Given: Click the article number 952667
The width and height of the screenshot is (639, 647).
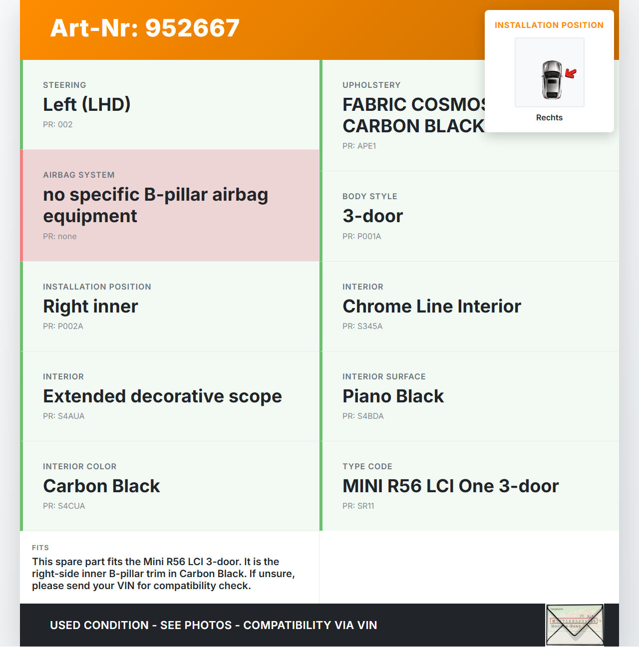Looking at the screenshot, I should click(145, 28).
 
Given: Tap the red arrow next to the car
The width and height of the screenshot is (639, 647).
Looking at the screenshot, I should click(571, 74).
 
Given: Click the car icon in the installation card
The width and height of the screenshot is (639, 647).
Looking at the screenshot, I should click(552, 80).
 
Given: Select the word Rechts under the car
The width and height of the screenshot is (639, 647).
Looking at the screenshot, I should click(549, 117).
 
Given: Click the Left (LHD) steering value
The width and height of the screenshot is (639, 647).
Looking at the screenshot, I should click(86, 104).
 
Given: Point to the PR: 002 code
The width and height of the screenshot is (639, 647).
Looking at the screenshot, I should click(57, 124).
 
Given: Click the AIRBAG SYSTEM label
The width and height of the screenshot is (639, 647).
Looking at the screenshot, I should click(78, 175).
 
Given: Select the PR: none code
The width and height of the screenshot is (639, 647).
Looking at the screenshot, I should click(59, 236).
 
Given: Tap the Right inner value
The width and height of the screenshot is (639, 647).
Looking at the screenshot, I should click(90, 306).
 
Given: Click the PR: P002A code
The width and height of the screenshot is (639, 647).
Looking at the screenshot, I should click(63, 326).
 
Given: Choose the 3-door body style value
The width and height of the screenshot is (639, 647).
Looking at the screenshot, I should click(372, 216).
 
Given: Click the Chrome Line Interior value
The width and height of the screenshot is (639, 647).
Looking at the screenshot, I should click(431, 306).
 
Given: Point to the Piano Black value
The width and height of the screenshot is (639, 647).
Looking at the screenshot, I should click(393, 396).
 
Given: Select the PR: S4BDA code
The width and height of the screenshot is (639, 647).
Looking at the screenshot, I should click(363, 416).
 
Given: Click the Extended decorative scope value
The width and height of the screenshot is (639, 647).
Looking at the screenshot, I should click(162, 396).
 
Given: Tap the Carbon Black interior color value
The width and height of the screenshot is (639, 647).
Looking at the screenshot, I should click(101, 486).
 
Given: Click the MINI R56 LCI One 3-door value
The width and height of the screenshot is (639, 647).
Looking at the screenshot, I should click(450, 486).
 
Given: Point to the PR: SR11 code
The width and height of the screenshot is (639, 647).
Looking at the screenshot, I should click(358, 506).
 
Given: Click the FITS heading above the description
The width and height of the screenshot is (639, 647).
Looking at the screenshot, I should click(40, 548).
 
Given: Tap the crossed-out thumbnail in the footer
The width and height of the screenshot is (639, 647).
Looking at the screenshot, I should click(575, 625).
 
